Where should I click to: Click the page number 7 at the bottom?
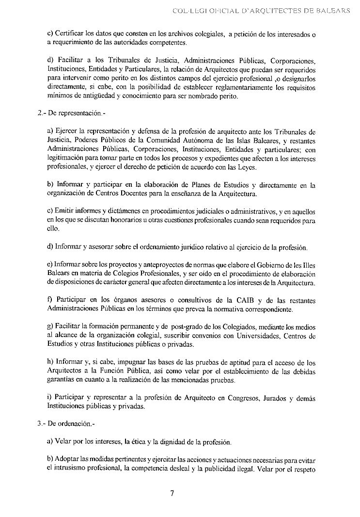coord(172,493)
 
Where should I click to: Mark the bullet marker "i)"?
coord(50,398)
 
